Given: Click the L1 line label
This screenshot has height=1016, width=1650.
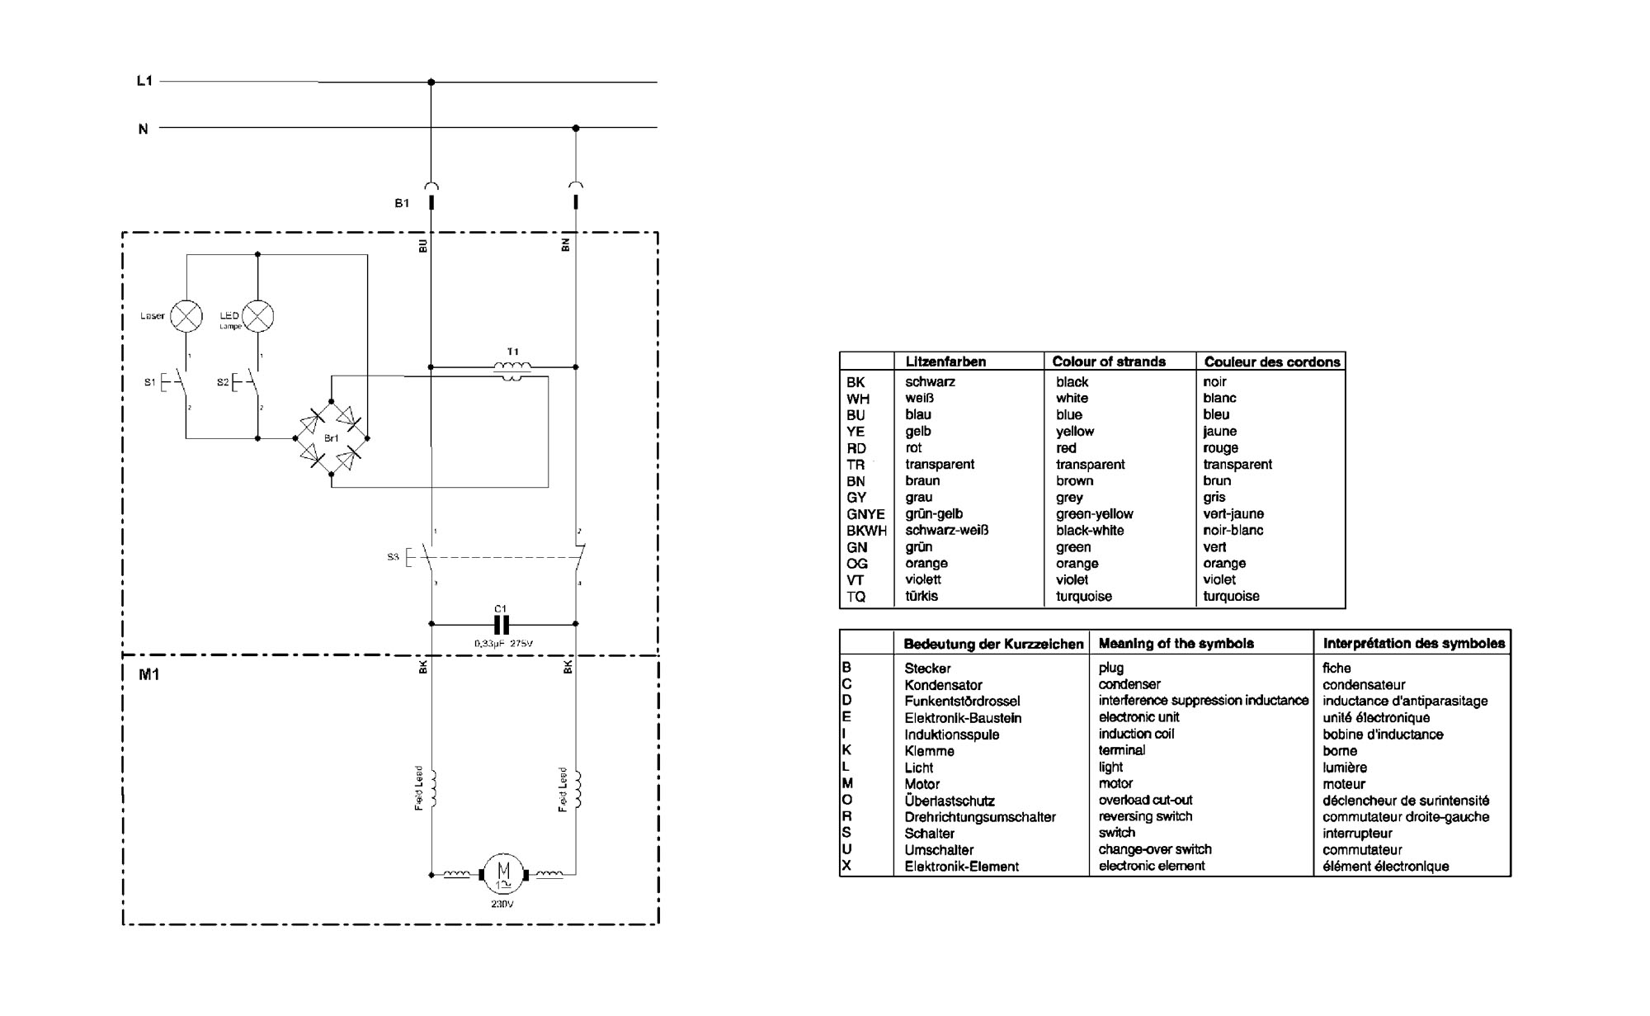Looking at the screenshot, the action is [x=144, y=81].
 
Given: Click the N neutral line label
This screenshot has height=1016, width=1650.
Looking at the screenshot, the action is [x=143, y=129].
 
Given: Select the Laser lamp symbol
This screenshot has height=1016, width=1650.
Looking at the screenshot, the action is [x=186, y=316].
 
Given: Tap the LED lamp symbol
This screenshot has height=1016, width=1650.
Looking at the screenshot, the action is [x=257, y=316].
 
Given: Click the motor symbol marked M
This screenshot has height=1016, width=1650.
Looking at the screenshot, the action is [x=502, y=874].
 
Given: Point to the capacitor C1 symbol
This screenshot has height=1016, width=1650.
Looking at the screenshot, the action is [x=501, y=624].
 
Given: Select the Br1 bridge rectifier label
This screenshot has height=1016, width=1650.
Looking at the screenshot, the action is [x=331, y=438].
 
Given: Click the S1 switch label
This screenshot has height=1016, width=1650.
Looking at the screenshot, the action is [x=149, y=382].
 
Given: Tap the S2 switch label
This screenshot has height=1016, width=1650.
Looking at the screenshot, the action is [x=222, y=382].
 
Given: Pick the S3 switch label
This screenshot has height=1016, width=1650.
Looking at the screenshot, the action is [x=393, y=557].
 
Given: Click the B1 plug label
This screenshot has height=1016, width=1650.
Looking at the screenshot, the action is [x=402, y=203].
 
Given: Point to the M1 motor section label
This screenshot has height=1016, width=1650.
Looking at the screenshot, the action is [x=148, y=674].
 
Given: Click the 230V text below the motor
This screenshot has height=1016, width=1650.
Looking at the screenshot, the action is [x=502, y=904].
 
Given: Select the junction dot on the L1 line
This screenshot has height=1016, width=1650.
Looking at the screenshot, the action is [x=431, y=82].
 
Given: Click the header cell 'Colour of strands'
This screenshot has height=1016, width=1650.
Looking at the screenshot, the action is [x=1108, y=362].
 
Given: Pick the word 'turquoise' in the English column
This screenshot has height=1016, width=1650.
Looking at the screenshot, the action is [x=1083, y=596].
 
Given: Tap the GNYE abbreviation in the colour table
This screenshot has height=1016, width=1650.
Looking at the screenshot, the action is [x=865, y=513].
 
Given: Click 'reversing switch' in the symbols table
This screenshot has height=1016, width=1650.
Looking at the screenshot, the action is [x=1145, y=816].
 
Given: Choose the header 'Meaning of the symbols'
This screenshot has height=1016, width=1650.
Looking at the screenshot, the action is [x=1176, y=643].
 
